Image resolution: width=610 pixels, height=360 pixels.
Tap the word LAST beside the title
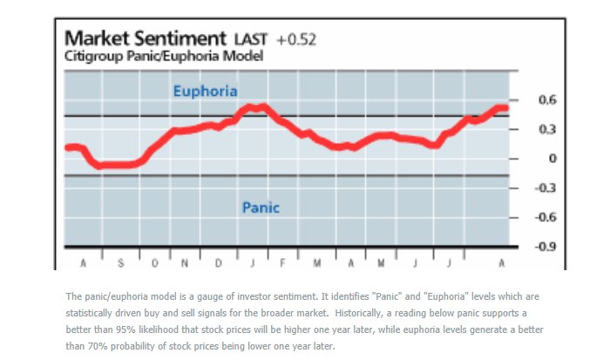pyautogui.click(x=253, y=40)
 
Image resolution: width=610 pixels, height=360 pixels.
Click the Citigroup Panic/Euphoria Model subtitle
pyautogui.click(x=164, y=56)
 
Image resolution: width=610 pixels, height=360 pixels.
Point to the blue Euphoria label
pyautogui.click(x=205, y=91)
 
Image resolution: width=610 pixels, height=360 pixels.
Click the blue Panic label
pyautogui.click(x=261, y=207)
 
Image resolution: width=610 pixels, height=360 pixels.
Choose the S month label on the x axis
pyautogui.click(x=119, y=262)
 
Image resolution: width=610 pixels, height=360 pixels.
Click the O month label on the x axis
pyautogui.click(x=152, y=262)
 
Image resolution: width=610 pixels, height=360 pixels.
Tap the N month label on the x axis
pyautogui.click(x=185, y=262)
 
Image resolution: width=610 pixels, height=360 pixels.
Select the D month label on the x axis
pyautogui.click(x=218, y=262)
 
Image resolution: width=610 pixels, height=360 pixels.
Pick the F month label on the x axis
pyautogui.click(x=282, y=262)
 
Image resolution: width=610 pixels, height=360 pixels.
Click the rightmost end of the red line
pyautogui.click(x=505, y=108)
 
